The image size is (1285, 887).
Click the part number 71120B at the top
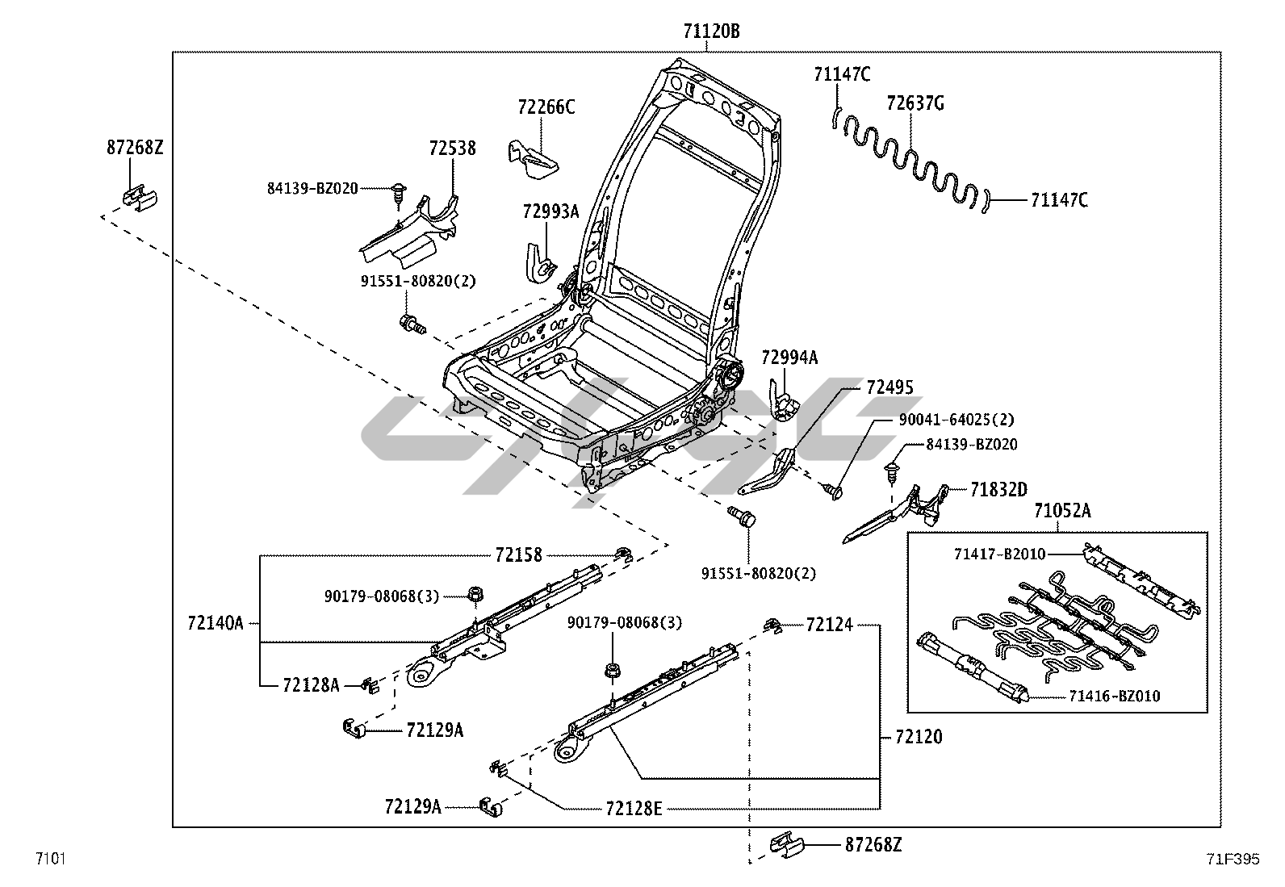711,31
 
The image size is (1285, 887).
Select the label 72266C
546,107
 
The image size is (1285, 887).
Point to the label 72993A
550,212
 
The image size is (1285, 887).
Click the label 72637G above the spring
915,103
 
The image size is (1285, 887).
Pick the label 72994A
789,358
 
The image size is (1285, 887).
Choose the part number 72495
889,388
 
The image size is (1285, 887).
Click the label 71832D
998,490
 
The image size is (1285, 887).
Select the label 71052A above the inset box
1062,511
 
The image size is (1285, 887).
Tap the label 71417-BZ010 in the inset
999,554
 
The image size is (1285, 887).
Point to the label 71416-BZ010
1115,696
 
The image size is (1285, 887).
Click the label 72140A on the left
215,623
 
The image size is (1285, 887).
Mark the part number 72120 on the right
919,737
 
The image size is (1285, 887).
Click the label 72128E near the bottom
634,808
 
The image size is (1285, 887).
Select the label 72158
518,555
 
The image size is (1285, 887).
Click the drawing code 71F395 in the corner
1233,860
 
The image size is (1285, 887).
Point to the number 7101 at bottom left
49,858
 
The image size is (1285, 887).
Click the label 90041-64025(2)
956,420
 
